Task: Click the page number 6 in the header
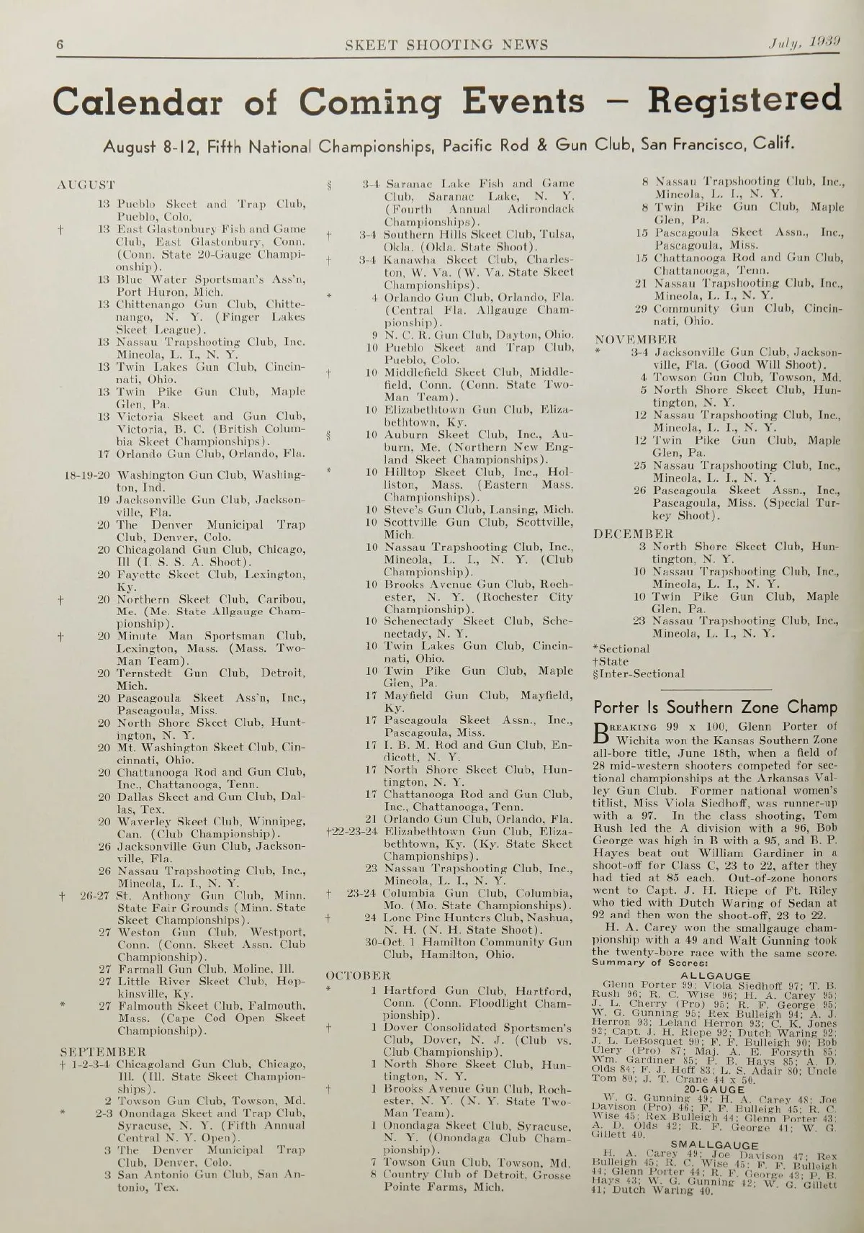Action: click(60, 45)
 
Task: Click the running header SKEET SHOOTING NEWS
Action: click(446, 45)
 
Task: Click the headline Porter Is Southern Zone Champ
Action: click(715, 707)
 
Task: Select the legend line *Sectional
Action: click(621, 648)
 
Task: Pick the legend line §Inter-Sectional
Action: click(638, 674)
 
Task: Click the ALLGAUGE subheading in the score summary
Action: click(715, 976)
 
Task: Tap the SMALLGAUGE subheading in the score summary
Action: click(715, 1145)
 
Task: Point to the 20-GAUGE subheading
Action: click(715, 1090)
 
